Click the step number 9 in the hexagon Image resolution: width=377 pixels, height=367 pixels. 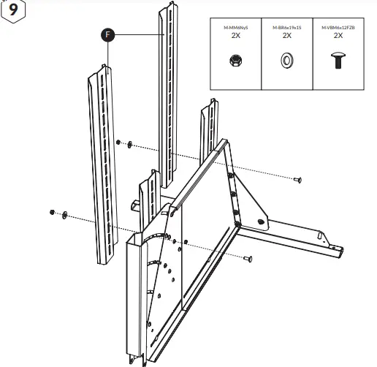pyautogui.click(x=12, y=13)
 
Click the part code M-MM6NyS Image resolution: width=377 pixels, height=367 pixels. pyautogui.click(x=236, y=27)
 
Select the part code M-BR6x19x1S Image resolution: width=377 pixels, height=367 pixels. pyautogui.click(x=286, y=27)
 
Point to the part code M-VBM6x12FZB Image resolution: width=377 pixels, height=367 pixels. pyautogui.click(x=338, y=27)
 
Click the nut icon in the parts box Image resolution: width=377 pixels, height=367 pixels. pyautogui.click(x=236, y=59)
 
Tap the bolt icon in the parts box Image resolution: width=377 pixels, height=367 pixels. pyautogui.click(x=338, y=61)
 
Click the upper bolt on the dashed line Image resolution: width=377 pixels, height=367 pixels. pyautogui.click(x=298, y=179)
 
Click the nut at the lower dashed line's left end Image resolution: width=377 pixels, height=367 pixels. pyautogui.click(x=53, y=211)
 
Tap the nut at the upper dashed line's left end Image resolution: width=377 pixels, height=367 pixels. pyautogui.click(x=118, y=143)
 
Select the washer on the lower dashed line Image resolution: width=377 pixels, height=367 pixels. pyautogui.click(x=65, y=213)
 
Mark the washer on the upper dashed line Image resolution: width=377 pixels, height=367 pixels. pyautogui.click(x=129, y=145)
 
